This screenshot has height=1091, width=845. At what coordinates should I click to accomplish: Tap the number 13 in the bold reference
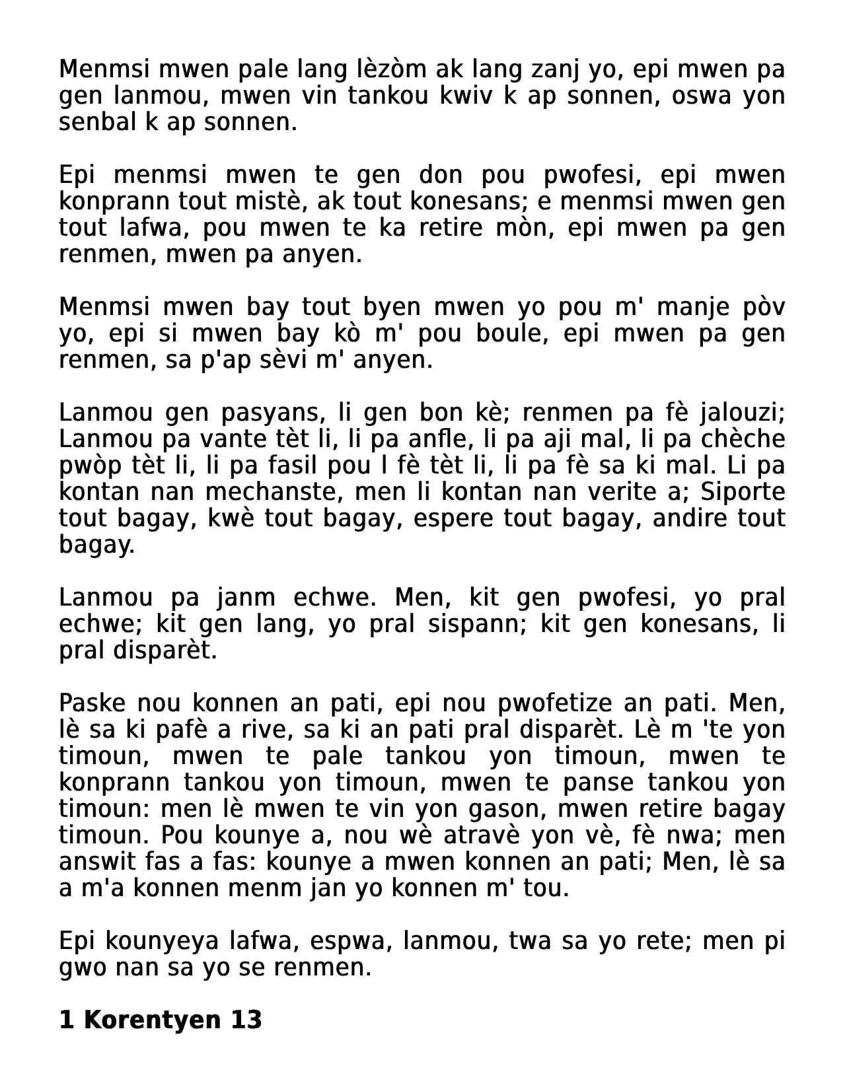(246, 1020)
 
